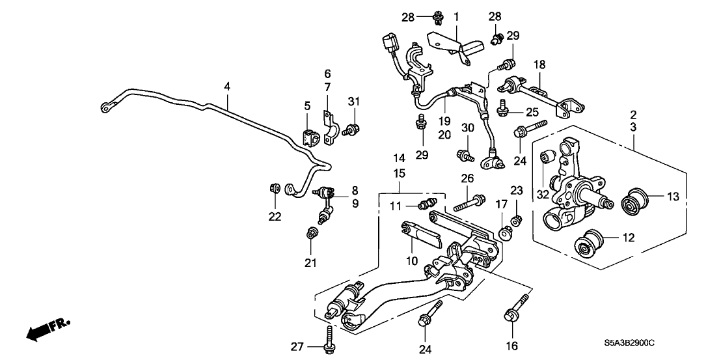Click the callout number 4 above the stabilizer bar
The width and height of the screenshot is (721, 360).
pos(227,85)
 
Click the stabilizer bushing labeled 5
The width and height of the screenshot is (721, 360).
pos(310,139)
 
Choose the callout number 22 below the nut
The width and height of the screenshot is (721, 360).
pos(275,216)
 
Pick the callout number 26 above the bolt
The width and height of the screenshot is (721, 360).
pos(467,178)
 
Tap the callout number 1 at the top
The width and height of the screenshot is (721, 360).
pos(456,15)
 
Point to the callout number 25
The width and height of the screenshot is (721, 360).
pos(533,113)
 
